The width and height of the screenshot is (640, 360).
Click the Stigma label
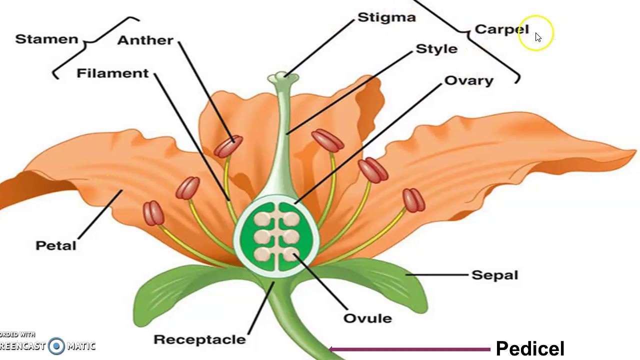[386, 17]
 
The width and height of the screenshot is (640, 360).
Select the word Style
[436, 49]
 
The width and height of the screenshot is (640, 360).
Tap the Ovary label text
[468, 80]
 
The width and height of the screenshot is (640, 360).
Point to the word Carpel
[501, 29]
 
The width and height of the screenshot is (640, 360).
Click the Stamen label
[46, 39]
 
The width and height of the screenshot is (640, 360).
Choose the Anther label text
[145, 40]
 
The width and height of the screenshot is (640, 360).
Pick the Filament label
[112, 73]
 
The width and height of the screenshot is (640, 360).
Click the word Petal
[56, 245]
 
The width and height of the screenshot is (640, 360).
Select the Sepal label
[494, 275]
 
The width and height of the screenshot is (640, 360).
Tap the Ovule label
[367, 318]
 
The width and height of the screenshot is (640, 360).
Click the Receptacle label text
[199, 339]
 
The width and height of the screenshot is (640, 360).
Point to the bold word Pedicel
[530, 348]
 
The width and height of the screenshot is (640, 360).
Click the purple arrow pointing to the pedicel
[410, 349]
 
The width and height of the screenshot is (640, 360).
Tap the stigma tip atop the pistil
[283, 77]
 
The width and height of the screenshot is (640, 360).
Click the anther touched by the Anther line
[228, 146]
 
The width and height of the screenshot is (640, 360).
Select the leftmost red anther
[153, 213]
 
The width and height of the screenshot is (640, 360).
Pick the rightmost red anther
[413, 200]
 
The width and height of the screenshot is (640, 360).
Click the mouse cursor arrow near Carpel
[538, 37]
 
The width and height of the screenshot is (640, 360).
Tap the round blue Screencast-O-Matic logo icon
[57, 345]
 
